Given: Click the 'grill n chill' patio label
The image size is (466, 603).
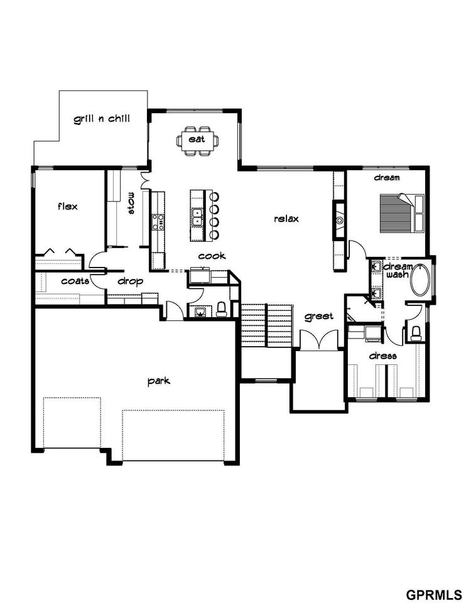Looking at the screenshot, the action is pyautogui.click(x=102, y=119).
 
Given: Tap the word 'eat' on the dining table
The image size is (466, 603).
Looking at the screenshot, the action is pyautogui.click(x=197, y=138).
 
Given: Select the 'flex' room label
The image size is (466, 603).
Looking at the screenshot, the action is pyautogui.click(x=68, y=206).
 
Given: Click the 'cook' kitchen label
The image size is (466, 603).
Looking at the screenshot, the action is pyautogui.click(x=212, y=256).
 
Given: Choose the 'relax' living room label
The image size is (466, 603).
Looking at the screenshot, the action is pyautogui.click(x=286, y=219).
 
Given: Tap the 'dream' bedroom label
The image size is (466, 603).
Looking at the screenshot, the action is pyautogui.click(x=387, y=177).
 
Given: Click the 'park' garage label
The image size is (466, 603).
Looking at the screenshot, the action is pyautogui.click(x=159, y=381).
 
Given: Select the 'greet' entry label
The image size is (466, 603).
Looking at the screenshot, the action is pyautogui.click(x=319, y=317).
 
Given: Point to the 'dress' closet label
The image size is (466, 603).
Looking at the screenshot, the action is pyautogui.click(x=382, y=356).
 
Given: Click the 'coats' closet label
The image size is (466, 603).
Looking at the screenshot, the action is pyautogui.click(x=75, y=281).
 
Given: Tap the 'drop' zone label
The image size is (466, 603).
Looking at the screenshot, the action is pyautogui.click(x=131, y=281).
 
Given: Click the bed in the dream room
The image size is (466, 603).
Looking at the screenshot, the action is pyautogui.click(x=402, y=213).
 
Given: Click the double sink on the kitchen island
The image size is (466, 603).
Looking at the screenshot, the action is pyautogui.click(x=198, y=215).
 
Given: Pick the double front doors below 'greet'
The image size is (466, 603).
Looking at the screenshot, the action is pyautogui.click(x=319, y=340).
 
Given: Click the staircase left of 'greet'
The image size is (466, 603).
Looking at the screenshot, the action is pyautogui.click(x=266, y=325).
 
